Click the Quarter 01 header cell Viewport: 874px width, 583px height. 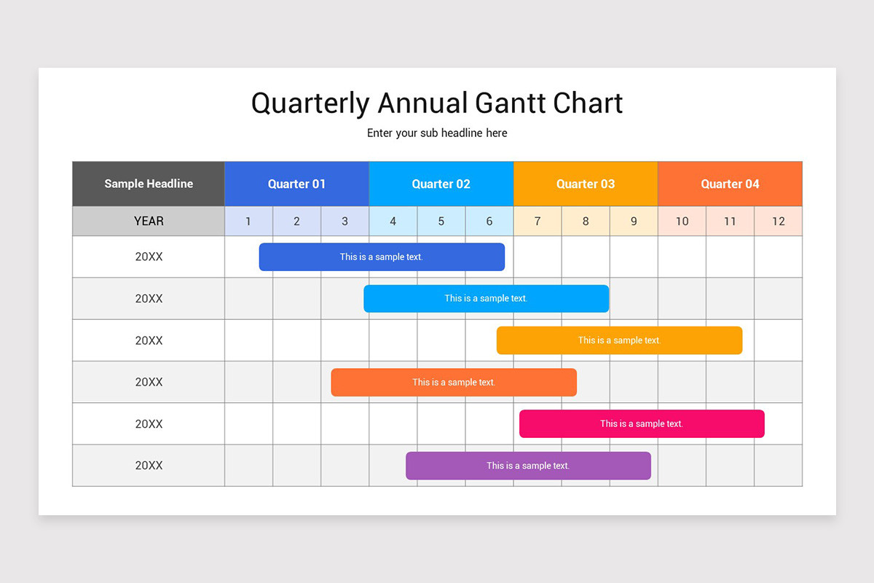[x=296, y=184]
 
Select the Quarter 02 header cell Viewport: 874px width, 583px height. [x=441, y=184]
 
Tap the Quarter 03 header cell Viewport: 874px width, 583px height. [x=586, y=184]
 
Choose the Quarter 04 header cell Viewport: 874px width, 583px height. [x=730, y=184]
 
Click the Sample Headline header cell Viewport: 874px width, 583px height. [x=149, y=184]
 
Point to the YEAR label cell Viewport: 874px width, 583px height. [x=149, y=221]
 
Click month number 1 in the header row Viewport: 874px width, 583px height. [x=248, y=221]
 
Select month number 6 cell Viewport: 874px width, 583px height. [x=489, y=221]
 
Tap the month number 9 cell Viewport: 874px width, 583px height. [x=634, y=221]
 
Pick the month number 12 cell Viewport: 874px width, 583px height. [x=778, y=221]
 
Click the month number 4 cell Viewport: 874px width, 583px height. [x=393, y=221]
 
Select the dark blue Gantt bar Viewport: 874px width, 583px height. [x=382, y=257]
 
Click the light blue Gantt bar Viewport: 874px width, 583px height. [x=486, y=298]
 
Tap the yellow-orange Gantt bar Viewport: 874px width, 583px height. [x=619, y=340]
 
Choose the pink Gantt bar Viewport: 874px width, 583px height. [x=642, y=423]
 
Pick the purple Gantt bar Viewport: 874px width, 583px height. [x=528, y=466]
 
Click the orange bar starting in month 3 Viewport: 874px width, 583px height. [x=454, y=382]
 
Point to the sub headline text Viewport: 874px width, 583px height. [x=437, y=133]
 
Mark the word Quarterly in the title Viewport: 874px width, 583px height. [x=310, y=103]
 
